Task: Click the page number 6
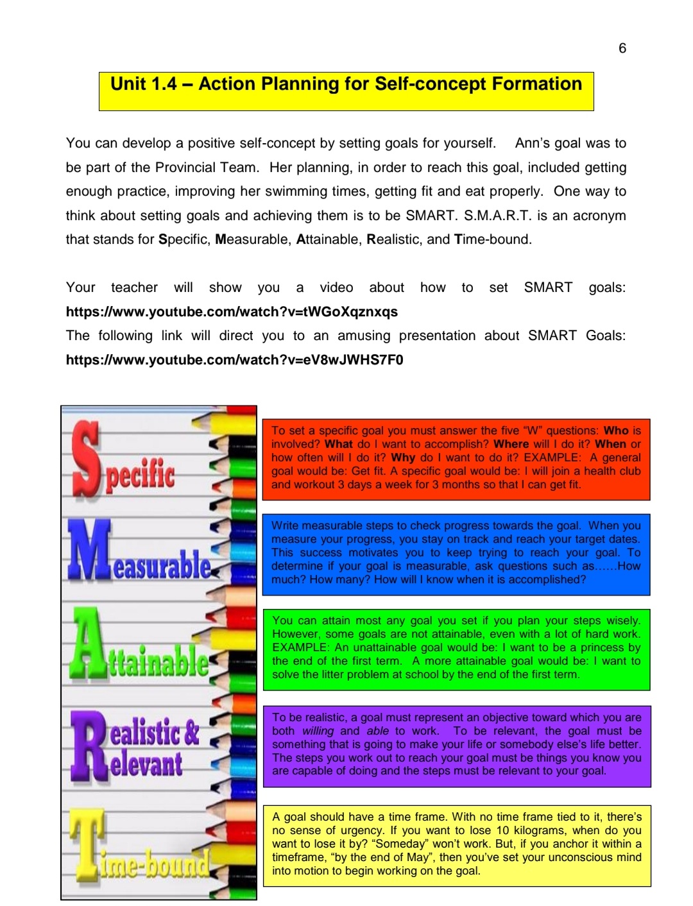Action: [622, 48]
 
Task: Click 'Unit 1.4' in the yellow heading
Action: [143, 84]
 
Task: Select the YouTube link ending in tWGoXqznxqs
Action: [232, 312]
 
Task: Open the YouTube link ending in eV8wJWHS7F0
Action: [234, 359]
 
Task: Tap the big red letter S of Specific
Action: [87, 457]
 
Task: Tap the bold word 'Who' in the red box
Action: [616, 431]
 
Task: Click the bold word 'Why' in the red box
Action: [403, 457]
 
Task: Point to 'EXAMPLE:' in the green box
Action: [300, 647]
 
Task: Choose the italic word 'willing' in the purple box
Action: [318, 731]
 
